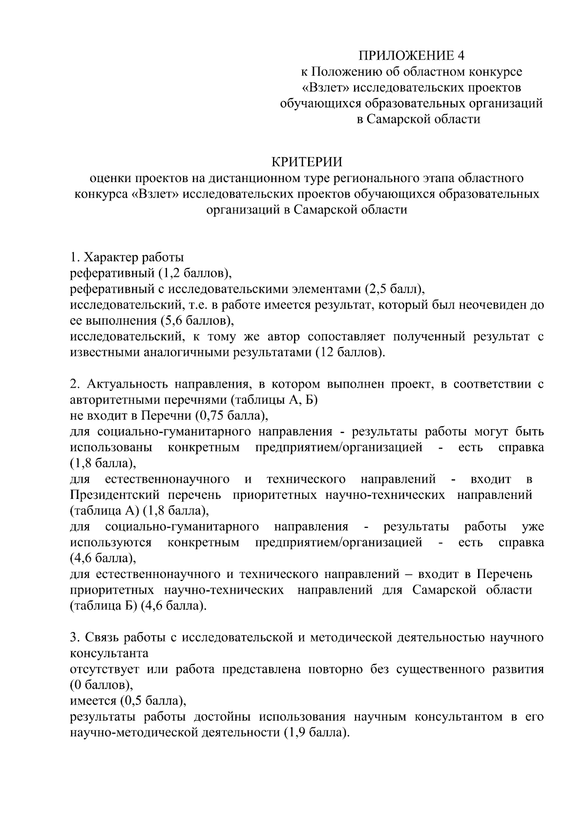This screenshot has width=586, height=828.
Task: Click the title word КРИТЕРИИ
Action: click(x=306, y=162)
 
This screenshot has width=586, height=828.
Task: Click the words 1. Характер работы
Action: click(x=127, y=257)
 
